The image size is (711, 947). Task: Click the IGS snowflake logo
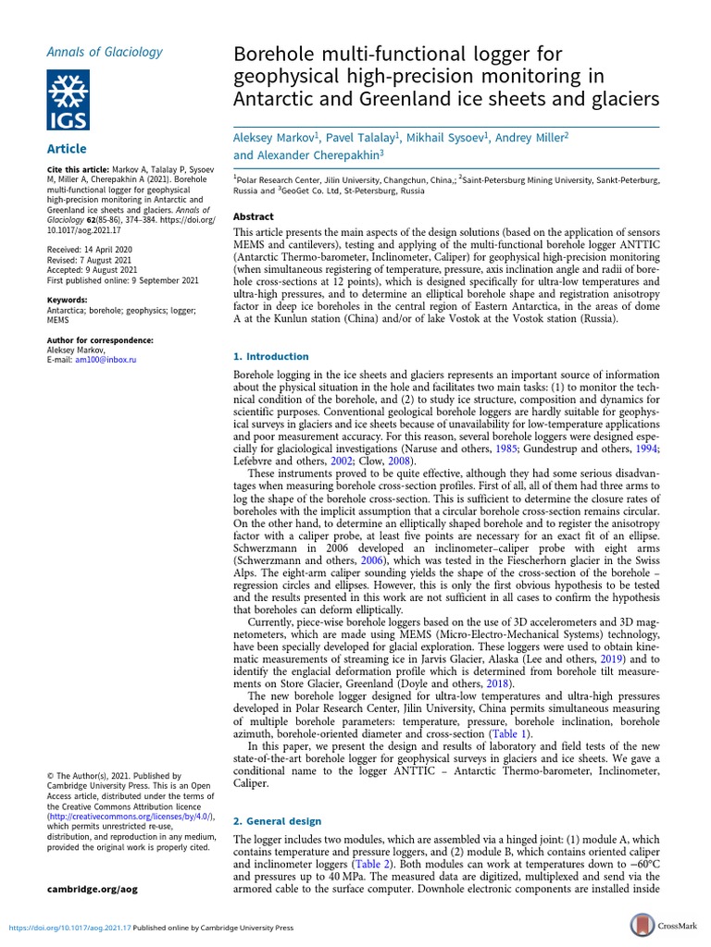[77, 101]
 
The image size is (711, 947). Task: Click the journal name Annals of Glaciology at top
[91, 52]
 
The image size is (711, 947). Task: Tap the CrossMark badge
[664, 926]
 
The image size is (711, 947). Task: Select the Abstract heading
[253, 215]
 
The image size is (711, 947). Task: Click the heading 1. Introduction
[270, 356]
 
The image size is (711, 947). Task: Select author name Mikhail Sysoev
[446, 138]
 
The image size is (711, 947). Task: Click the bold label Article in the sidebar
[67, 149]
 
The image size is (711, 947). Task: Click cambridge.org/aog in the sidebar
[92, 889]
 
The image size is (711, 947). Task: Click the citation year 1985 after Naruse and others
[505, 448]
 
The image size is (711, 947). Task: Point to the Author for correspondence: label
[99, 340]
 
